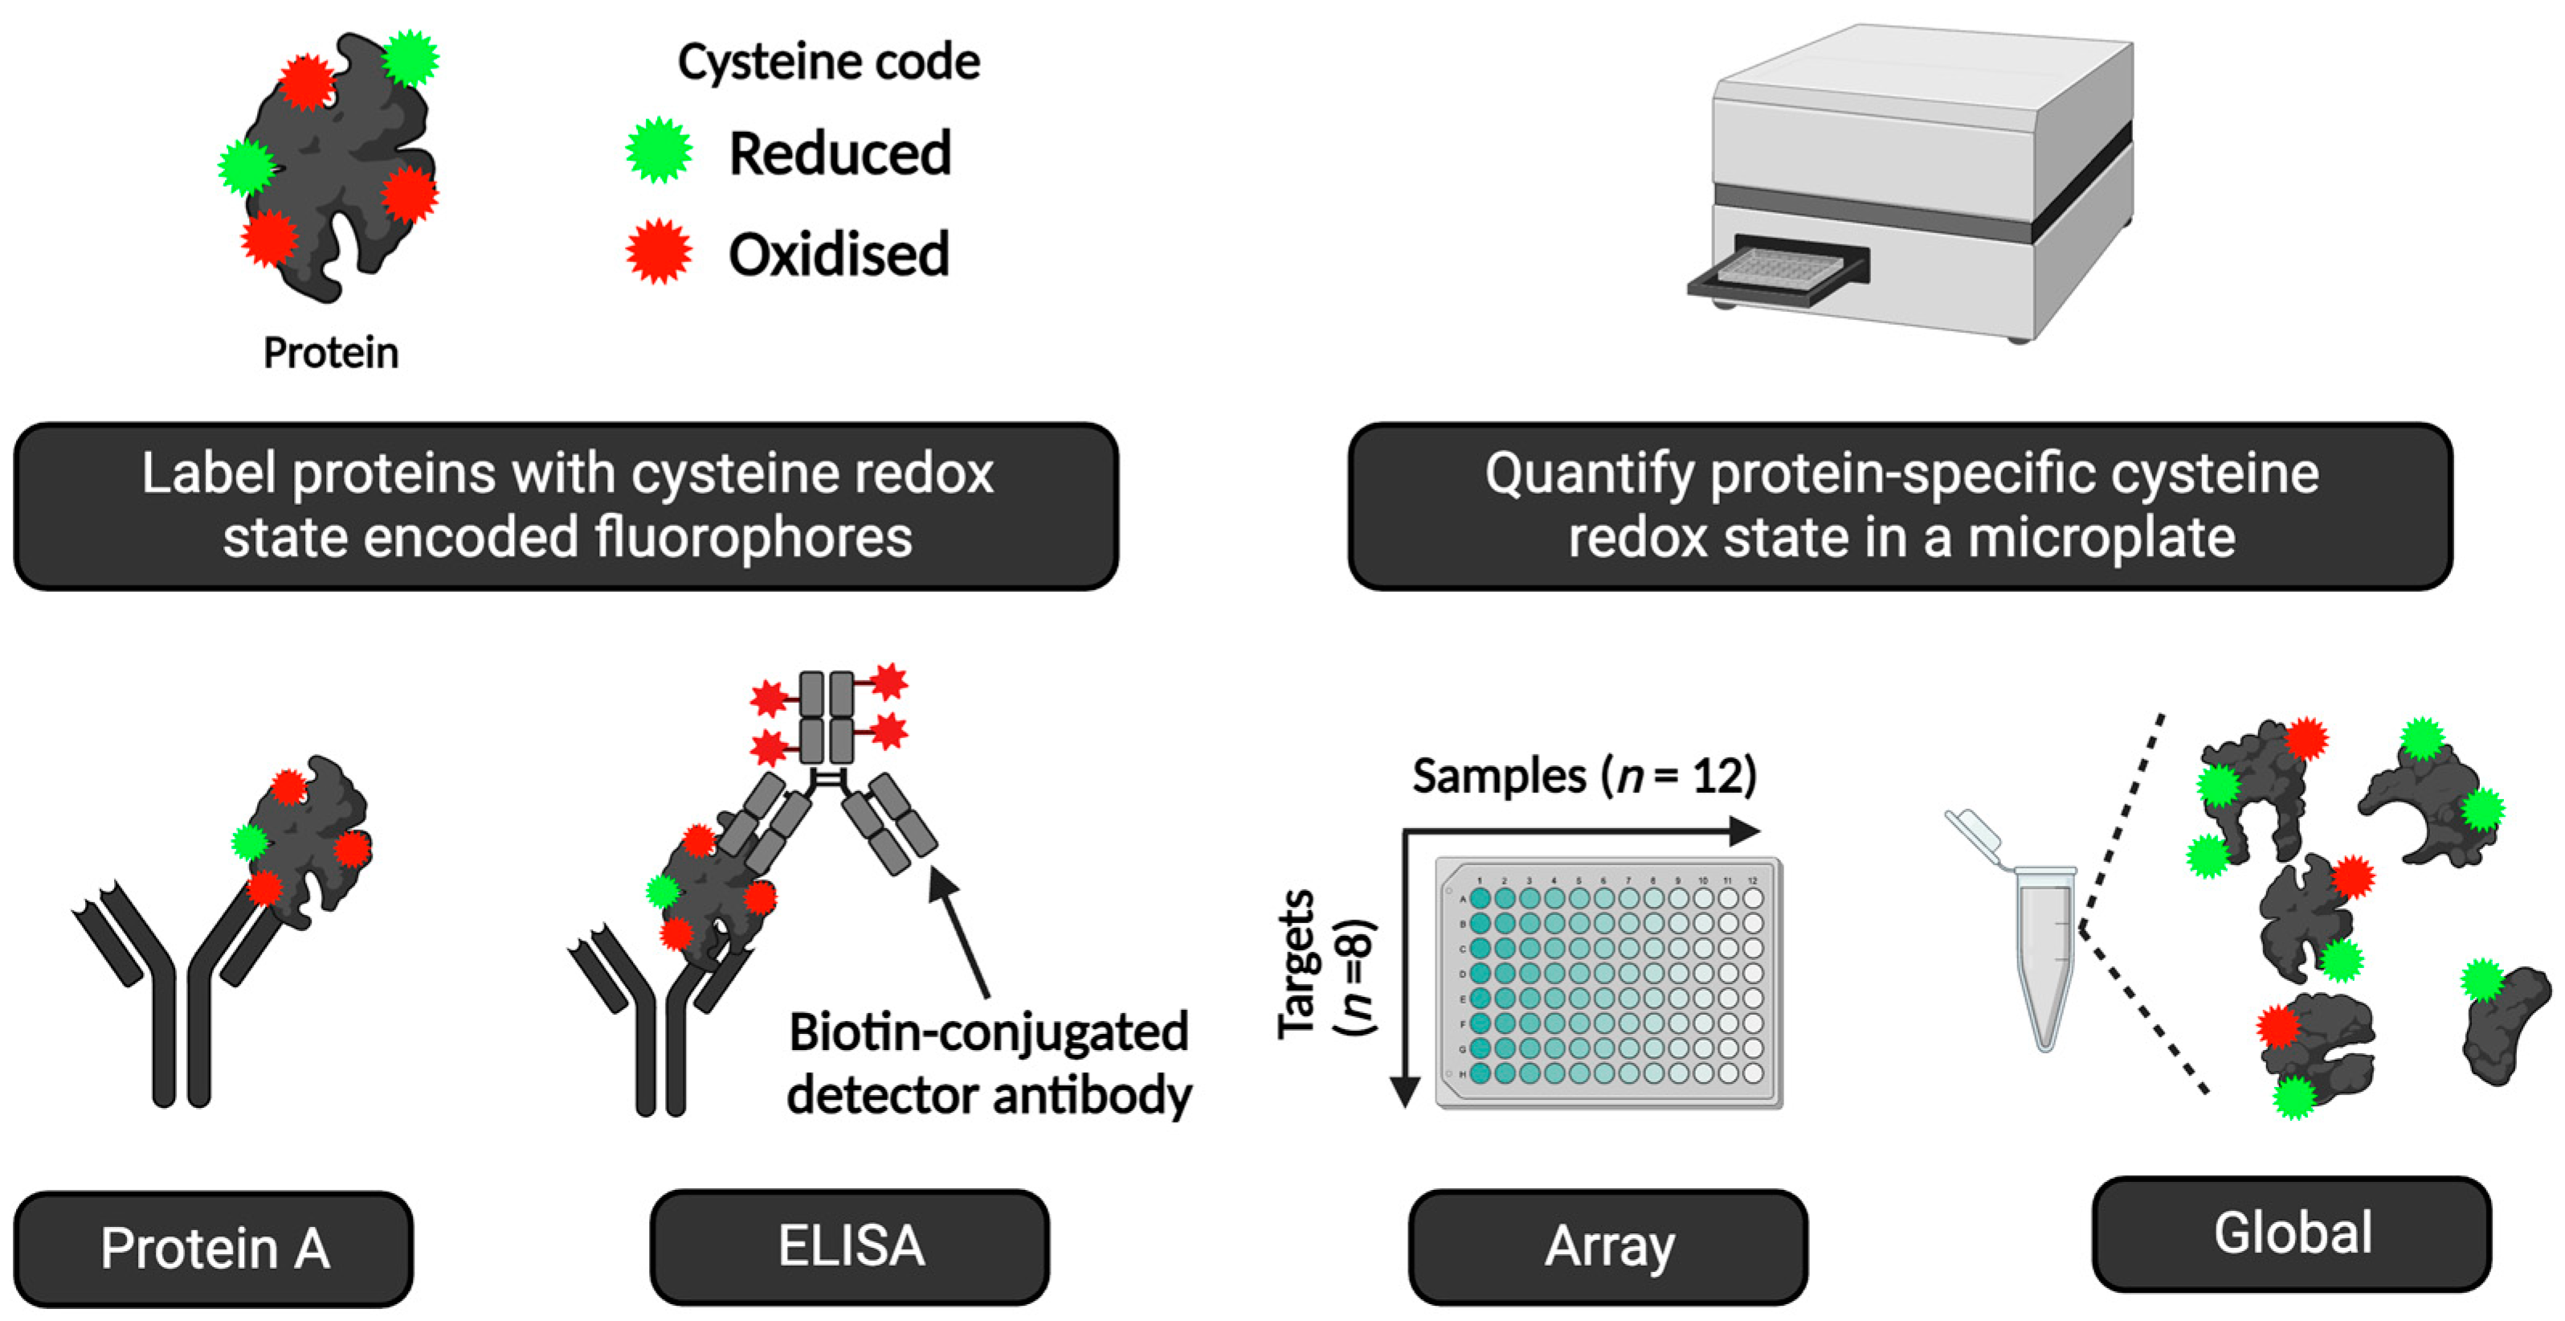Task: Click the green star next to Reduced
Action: coord(658,150)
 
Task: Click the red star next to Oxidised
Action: coord(658,251)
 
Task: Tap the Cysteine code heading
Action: coord(828,62)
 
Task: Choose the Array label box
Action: coord(1607,1245)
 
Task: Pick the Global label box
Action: coord(2291,1233)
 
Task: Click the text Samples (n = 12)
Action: coord(1583,775)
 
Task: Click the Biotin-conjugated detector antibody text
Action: coord(988,1063)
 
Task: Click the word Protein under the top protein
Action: coord(331,353)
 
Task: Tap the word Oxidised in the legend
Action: coord(839,254)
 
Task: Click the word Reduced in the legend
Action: coord(839,154)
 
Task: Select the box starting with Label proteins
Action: coord(566,505)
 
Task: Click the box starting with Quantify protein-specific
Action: coord(1900,505)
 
